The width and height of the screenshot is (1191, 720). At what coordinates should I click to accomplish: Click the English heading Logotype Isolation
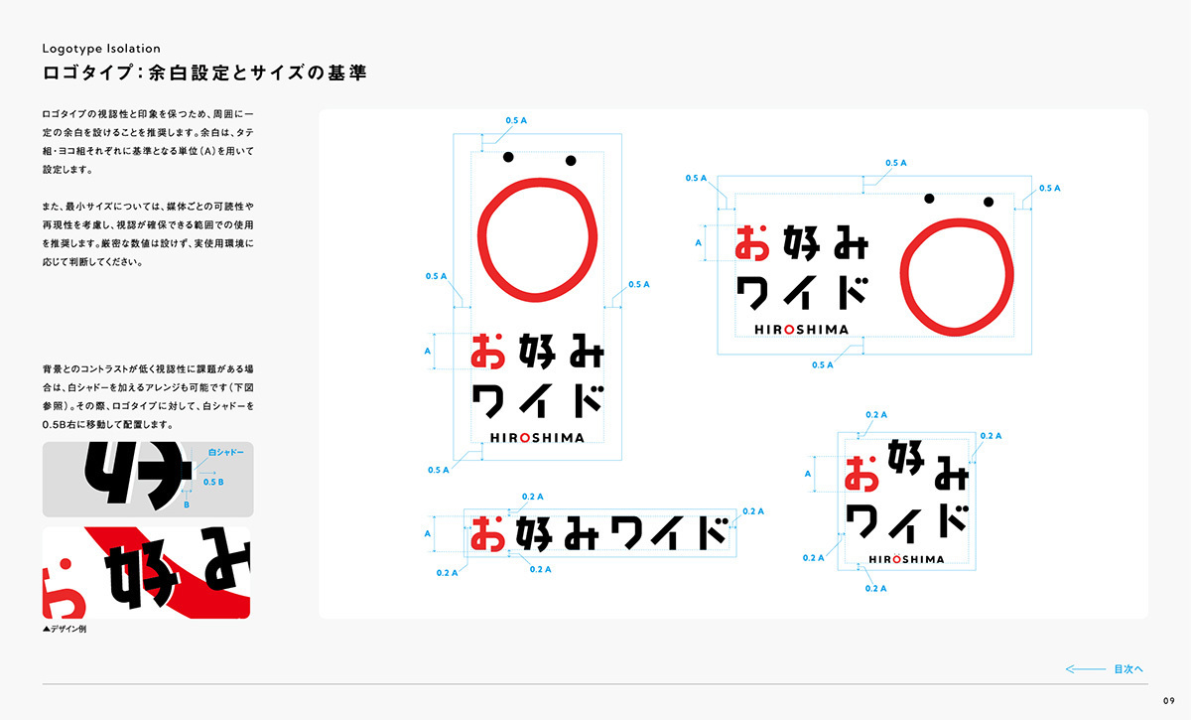(101, 49)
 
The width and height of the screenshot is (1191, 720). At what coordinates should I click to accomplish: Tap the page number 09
(1169, 701)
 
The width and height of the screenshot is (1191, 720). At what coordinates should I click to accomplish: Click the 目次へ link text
(1128, 669)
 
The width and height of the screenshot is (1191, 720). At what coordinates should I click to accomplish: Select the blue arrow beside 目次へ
(1085, 669)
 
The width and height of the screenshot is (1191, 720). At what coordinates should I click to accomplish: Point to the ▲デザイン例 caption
(65, 629)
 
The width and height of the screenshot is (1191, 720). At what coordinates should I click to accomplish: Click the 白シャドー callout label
(226, 452)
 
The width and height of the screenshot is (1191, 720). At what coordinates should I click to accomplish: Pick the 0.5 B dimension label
(213, 482)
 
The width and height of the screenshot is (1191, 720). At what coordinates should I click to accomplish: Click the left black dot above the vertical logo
(508, 157)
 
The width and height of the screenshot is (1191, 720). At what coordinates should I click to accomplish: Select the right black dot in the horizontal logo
(989, 202)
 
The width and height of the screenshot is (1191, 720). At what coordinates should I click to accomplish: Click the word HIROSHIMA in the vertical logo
(537, 438)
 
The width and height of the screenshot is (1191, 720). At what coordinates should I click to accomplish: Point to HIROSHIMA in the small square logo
(906, 559)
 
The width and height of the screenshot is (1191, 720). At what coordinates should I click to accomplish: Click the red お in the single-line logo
(487, 533)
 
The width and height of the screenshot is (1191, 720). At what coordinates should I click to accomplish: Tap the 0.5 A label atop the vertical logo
(516, 121)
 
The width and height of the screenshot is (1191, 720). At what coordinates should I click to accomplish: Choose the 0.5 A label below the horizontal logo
(823, 365)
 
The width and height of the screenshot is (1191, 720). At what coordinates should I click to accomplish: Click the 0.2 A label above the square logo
(876, 414)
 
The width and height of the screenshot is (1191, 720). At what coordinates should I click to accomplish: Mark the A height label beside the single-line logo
(428, 533)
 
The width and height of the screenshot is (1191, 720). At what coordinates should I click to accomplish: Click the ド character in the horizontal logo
(854, 293)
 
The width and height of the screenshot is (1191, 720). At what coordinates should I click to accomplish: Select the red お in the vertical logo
(488, 352)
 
